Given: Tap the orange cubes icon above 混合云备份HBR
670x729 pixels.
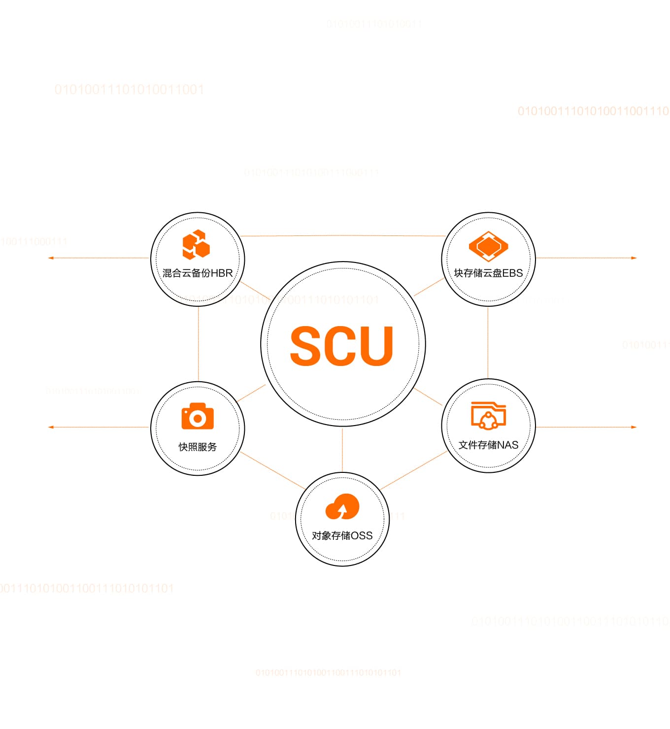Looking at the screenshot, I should click(196, 244).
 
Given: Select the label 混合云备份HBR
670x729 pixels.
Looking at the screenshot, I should click(198, 273).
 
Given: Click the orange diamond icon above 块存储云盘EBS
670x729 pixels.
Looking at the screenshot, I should click(488, 246).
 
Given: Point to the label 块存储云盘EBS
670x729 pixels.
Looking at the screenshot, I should click(488, 273).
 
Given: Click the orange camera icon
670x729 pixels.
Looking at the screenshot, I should click(198, 417).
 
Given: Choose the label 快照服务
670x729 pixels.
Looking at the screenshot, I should click(198, 447).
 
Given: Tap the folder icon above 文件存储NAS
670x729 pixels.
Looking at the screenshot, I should click(488, 416).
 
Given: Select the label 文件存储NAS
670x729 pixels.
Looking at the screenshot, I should click(488, 445).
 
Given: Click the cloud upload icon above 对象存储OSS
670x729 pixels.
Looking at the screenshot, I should click(342, 507).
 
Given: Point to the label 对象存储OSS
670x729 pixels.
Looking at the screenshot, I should click(342, 535).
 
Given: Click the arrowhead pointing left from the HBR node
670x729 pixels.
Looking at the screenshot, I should click(51, 258).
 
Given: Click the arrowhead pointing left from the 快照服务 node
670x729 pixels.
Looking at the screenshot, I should click(51, 427).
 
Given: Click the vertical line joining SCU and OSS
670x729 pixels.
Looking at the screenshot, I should click(342, 449).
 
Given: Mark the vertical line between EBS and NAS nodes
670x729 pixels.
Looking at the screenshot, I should click(488, 342).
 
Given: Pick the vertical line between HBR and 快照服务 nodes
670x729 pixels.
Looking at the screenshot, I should click(198, 344).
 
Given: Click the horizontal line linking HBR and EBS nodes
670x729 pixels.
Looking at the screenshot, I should click(342, 236).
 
